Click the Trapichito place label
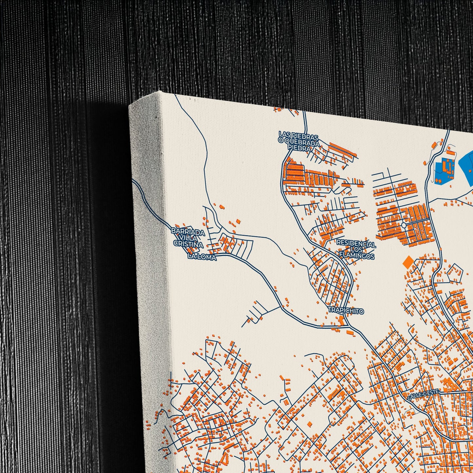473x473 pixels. point(346,311)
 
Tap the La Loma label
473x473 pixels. point(202,257)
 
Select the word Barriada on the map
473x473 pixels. point(188,232)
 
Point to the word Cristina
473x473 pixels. point(188,245)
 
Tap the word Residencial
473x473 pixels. point(356,244)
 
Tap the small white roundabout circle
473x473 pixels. point(404,225)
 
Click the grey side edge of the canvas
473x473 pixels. point(149,262)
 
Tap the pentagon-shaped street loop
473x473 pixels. point(455,272)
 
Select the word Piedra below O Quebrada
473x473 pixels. point(299,148)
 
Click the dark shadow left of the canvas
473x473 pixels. point(108,262)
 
